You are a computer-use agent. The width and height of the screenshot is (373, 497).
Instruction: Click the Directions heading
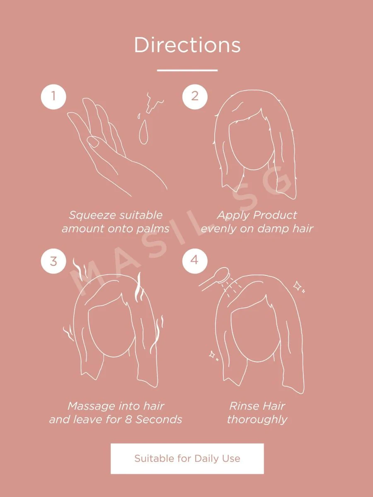point(187,45)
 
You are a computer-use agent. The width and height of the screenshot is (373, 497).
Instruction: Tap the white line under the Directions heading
point(187,70)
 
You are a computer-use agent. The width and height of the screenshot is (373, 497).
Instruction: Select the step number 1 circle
point(53,97)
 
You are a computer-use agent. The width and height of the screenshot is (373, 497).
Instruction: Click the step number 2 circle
point(195,97)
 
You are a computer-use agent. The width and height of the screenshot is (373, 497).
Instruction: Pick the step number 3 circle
point(53,261)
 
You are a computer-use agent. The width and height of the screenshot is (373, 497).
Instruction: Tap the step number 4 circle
point(195,261)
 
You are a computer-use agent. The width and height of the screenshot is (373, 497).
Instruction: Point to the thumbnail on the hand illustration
point(93,142)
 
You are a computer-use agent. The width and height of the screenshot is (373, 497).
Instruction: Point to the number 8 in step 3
point(128,420)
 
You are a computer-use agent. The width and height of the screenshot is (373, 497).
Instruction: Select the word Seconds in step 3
point(159,420)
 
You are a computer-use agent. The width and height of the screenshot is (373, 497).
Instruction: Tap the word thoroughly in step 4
point(257,420)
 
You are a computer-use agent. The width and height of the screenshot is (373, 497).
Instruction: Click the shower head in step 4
point(223,275)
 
